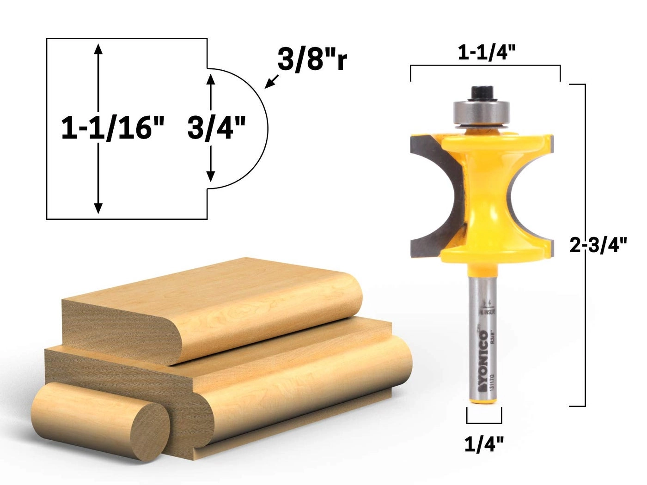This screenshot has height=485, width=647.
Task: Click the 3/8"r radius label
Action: point(312,60)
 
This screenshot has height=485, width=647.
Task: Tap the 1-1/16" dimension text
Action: point(113,128)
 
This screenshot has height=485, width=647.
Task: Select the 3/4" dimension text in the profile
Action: point(216,128)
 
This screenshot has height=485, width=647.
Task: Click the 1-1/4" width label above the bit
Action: point(486,54)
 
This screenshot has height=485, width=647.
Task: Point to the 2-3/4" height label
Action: point(599,245)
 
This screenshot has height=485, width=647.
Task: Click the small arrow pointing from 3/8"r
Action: point(271,81)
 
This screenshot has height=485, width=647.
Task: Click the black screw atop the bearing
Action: point(481,92)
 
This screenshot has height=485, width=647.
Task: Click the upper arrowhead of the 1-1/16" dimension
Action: point(98,47)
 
